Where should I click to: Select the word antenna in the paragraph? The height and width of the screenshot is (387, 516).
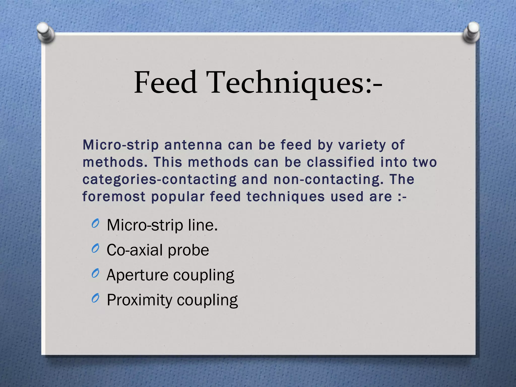tap(193, 145)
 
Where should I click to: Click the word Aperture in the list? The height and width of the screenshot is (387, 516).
tap(137, 275)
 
